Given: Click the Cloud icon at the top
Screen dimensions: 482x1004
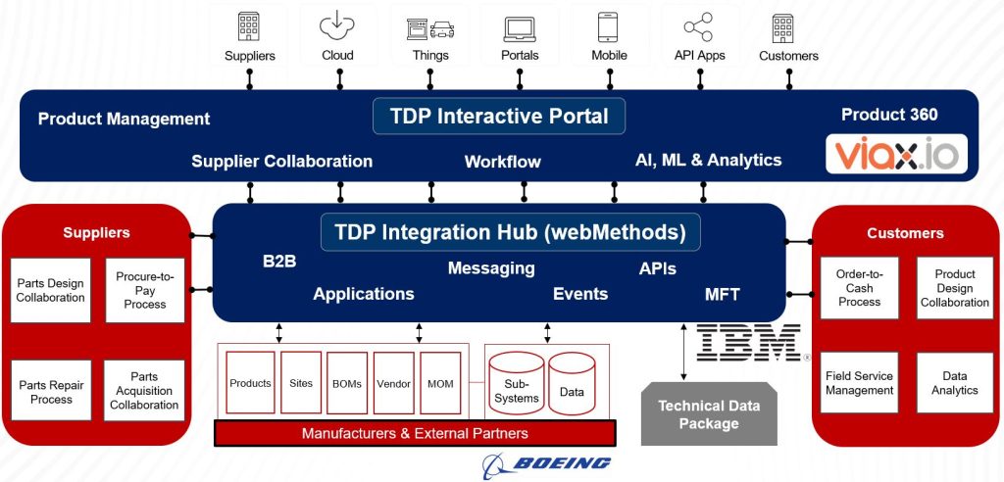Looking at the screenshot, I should coord(337,25).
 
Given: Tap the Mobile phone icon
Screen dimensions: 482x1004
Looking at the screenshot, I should coord(608,26).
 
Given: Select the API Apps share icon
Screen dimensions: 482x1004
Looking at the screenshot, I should coord(698,26).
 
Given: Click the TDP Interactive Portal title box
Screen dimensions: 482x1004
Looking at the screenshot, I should coord(499,116).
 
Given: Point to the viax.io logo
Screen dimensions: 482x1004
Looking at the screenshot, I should coord(896,155).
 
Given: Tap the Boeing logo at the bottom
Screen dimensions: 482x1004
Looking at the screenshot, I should coord(548,462).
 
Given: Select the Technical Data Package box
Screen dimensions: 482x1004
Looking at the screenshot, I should coord(709,414).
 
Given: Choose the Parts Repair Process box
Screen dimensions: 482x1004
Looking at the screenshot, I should coord(51,391).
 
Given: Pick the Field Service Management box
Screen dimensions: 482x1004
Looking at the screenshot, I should coord(859,382).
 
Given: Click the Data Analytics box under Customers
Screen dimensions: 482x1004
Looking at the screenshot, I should coord(955,382).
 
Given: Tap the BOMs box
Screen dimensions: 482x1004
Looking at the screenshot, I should coord(347,383).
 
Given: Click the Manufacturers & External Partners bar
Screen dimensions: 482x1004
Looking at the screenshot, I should coord(415,433).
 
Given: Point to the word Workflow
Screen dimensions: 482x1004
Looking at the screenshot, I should coord(502,162).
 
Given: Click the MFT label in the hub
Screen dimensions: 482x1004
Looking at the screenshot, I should coord(723,294).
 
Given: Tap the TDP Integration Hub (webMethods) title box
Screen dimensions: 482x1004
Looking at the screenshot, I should coord(510,232).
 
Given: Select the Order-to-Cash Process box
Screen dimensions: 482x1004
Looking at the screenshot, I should coord(859,288).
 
